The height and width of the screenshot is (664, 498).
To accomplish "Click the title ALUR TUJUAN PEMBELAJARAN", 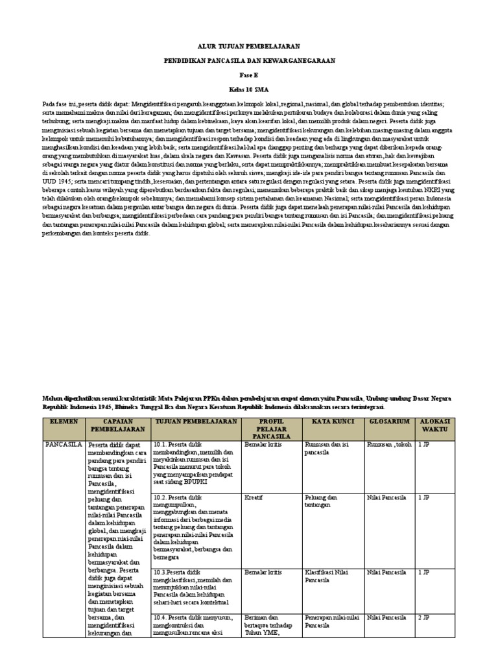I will pyautogui.click(x=248, y=47).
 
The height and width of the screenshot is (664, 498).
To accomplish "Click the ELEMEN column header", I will pyautogui.click(x=64, y=421).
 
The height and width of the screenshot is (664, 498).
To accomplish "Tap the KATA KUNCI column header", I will pyautogui.click(x=332, y=421).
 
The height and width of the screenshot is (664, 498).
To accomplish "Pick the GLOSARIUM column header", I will pyautogui.click(x=389, y=421).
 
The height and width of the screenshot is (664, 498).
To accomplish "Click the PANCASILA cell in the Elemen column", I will pyautogui.click(x=64, y=445).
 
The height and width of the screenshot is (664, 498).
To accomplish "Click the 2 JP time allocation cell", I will pyautogui.click(x=424, y=618).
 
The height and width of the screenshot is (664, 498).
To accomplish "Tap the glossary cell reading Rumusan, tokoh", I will pyautogui.click(x=389, y=445).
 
